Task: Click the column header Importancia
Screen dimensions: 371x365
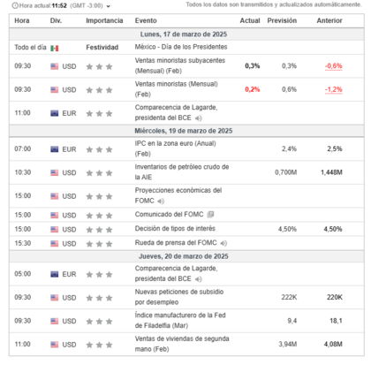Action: (x=104, y=19)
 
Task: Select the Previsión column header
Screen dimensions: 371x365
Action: (x=282, y=19)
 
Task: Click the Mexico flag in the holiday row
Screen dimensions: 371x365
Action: (x=55, y=47)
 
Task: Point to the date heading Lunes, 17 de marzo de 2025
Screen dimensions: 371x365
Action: (x=184, y=33)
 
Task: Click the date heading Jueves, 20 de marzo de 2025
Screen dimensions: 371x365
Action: (x=184, y=256)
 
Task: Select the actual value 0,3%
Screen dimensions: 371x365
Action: (x=253, y=65)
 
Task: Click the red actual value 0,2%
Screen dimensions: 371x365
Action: (x=253, y=89)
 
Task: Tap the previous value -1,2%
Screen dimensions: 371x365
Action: (x=333, y=89)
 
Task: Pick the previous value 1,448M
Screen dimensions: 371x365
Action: (x=331, y=172)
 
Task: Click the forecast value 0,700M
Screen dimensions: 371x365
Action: (x=285, y=172)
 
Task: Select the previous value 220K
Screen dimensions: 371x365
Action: (x=334, y=297)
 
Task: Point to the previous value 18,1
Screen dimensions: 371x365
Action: (x=337, y=321)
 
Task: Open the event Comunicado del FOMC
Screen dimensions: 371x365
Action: (x=169, y=215)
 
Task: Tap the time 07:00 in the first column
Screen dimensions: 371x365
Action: (x=23, y=148)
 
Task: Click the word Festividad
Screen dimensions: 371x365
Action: (x=102, y=47)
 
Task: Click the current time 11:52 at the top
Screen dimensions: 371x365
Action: (x=58, y=5)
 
